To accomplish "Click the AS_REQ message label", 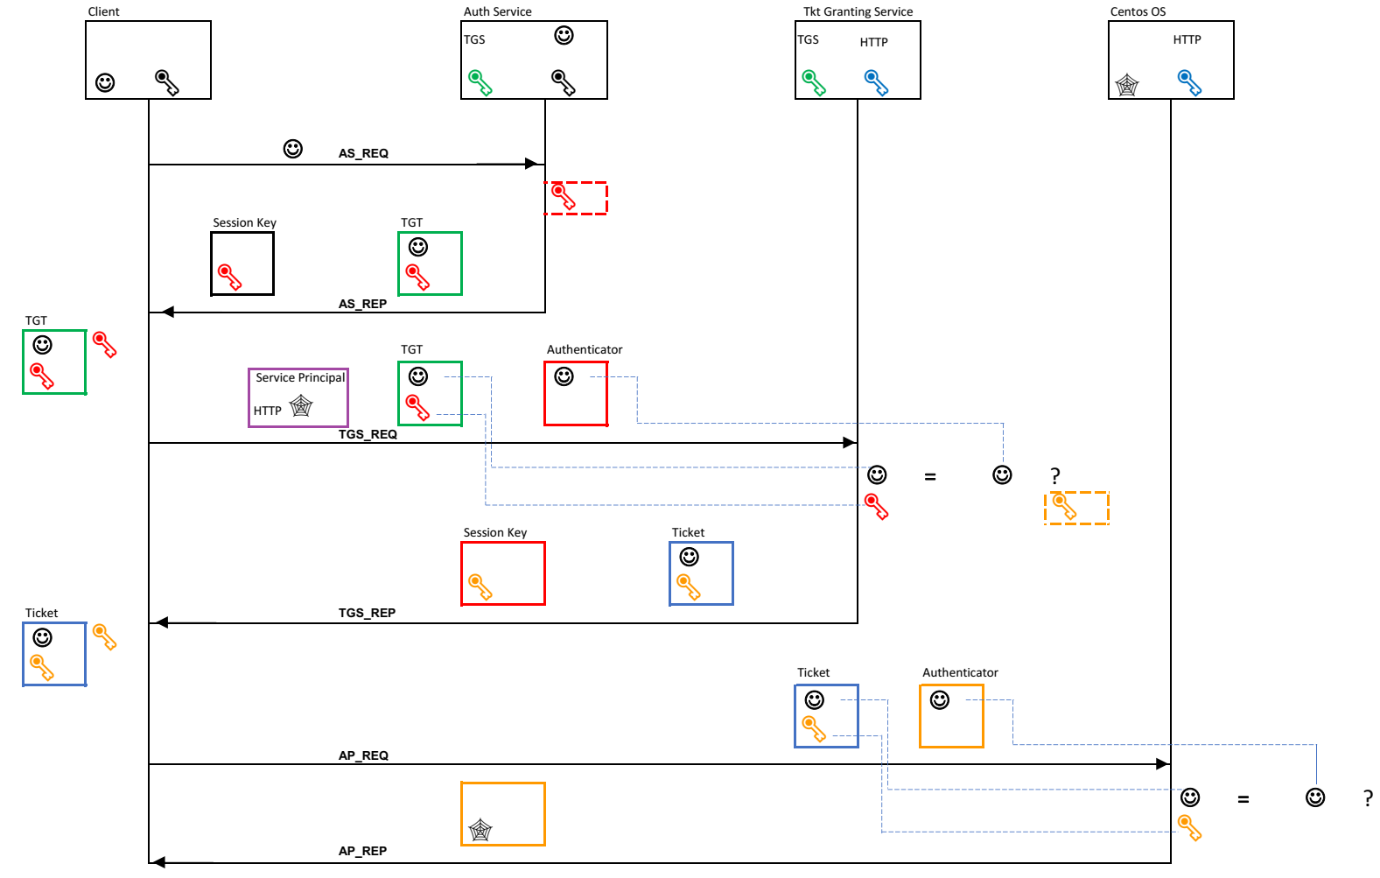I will (363, 153).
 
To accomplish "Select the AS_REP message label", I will (362, 304).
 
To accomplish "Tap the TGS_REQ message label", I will (368, 434).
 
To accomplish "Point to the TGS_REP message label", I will (367, 613).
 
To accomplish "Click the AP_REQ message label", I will (363, 755).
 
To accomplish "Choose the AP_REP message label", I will (362, 851).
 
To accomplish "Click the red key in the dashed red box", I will (564, 197).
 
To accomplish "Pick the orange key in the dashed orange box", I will (1064, 506).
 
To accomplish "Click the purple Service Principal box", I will (298, 397).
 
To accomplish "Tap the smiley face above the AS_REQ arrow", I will (293, 149).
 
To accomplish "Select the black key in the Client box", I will (166, 82).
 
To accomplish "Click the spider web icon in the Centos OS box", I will (1127, 85).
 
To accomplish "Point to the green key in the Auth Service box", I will (480, 82).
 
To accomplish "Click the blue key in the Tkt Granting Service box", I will (876, 82).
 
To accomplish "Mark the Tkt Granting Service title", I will (858, 11).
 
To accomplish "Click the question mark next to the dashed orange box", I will (1055, 476).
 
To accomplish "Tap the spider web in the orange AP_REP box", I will (480, 829).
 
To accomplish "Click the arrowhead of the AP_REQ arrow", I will (1163, 764).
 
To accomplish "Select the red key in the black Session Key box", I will (229, 277).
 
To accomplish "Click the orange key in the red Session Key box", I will (480, 587).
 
